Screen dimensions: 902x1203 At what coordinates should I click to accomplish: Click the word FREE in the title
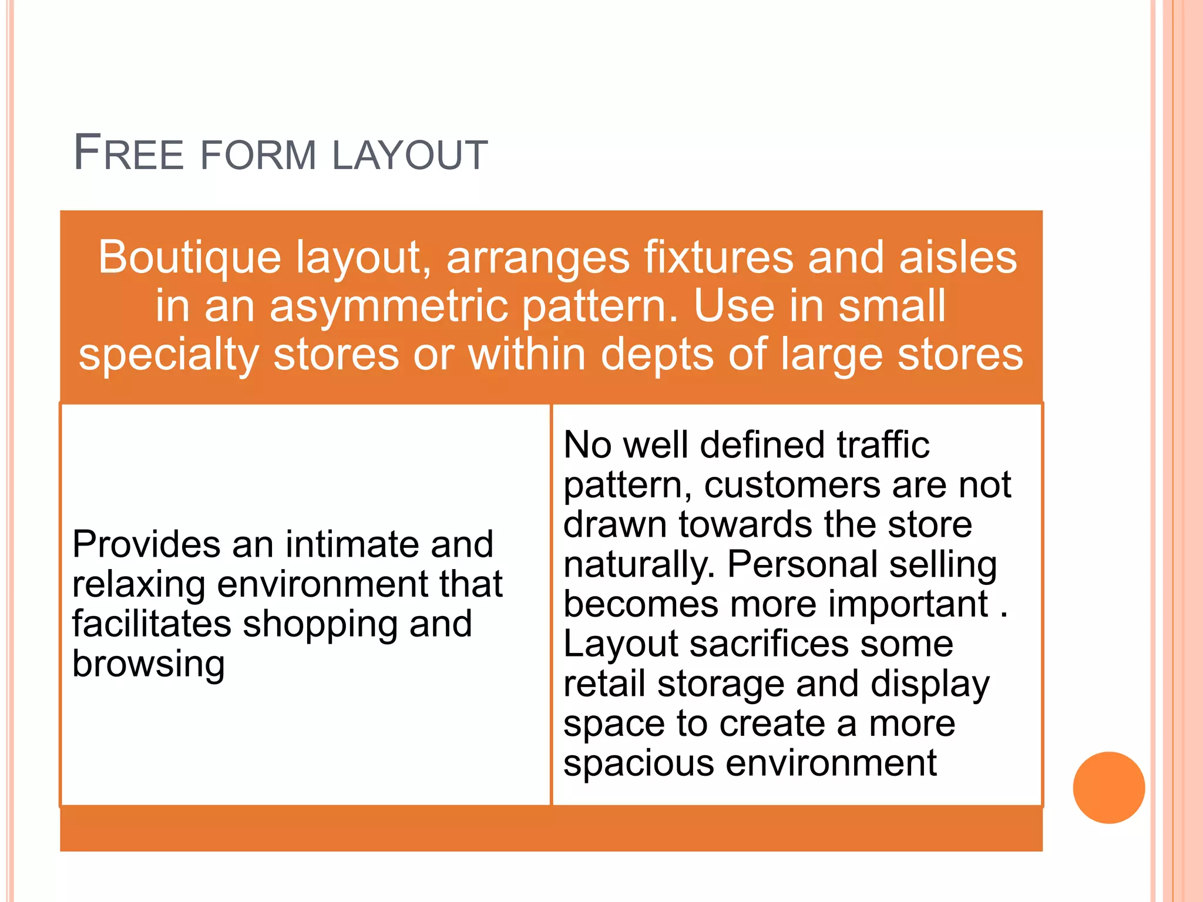129,153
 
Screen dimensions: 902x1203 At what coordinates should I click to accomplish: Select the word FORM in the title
258,156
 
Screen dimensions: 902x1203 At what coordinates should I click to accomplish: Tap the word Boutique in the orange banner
189,258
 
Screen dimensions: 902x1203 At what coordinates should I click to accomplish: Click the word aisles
958,258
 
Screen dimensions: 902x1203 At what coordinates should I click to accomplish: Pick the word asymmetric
388,307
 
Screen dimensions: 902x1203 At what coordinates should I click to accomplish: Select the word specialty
169,356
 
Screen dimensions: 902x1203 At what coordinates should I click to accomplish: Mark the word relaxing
139,584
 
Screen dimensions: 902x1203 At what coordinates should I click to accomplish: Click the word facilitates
152,624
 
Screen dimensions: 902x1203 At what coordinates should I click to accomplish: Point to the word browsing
149,665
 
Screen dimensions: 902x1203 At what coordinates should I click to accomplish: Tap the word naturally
639,565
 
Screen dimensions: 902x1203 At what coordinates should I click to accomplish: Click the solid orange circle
1108,787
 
